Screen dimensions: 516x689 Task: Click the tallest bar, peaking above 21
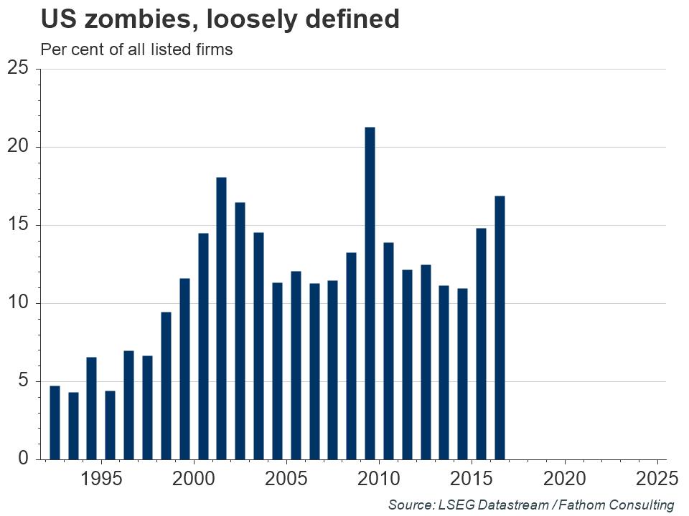370,293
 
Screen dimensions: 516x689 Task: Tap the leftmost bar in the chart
55,422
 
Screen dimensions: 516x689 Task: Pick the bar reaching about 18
221,318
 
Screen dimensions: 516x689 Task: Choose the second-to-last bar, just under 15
481,343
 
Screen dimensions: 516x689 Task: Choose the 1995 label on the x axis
101,478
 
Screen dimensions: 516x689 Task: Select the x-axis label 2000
194,478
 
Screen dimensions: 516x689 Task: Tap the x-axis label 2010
379,478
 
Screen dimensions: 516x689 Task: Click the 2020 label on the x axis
564,478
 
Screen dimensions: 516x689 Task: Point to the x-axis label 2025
656,478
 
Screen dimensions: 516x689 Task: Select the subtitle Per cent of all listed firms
136,50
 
